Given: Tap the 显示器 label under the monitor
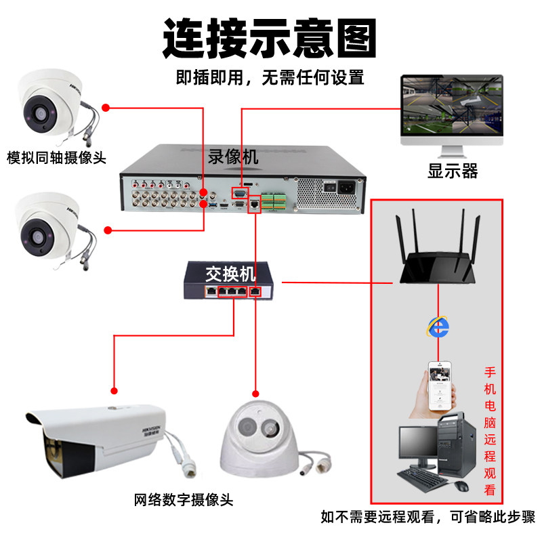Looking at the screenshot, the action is click(x=453, y=170).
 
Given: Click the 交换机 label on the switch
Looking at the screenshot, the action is click(x=230, y=274).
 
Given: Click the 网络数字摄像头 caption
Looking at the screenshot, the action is click(x=184, y=501).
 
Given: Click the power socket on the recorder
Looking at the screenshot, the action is click(x=350, y=187).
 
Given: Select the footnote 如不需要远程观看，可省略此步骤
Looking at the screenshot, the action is click(x=428, y=518).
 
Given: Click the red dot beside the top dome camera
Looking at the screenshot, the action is click(x=106, y=107).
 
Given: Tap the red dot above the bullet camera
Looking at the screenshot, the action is click(x=114, y=390).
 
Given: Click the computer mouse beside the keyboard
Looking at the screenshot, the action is click(x=462, y=486).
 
